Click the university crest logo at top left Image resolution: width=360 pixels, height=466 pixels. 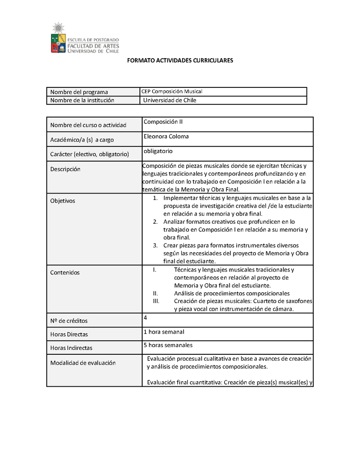(x=58, y=38)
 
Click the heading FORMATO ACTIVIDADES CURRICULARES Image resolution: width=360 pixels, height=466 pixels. (x=180, y=60)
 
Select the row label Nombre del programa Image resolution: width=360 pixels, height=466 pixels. (x=79, y=92)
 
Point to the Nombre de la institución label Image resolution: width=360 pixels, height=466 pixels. (x=82, y=100)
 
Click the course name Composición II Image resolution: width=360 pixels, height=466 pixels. (x=163, y=122)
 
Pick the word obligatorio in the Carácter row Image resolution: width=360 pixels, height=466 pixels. (x=158, y=151)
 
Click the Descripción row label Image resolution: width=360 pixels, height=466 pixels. (x=65, y=169)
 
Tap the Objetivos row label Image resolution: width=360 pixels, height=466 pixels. (x=63, y=201)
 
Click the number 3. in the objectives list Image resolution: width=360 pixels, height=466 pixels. (x=155, y=245)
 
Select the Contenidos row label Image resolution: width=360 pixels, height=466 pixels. (x=65, y=272)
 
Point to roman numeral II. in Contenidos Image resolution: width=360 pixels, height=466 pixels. (x=155, y=293)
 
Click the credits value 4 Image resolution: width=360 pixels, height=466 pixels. (x=145, y=317)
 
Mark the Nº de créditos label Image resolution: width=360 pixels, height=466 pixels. (x=69, y=321)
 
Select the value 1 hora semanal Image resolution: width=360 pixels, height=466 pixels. (x=164, y=332)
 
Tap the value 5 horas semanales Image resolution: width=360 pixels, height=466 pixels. (x=168, y=345)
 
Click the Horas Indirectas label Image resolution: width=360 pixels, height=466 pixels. (x=71, y=348)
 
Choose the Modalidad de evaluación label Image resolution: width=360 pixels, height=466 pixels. (x=83, y=363)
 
